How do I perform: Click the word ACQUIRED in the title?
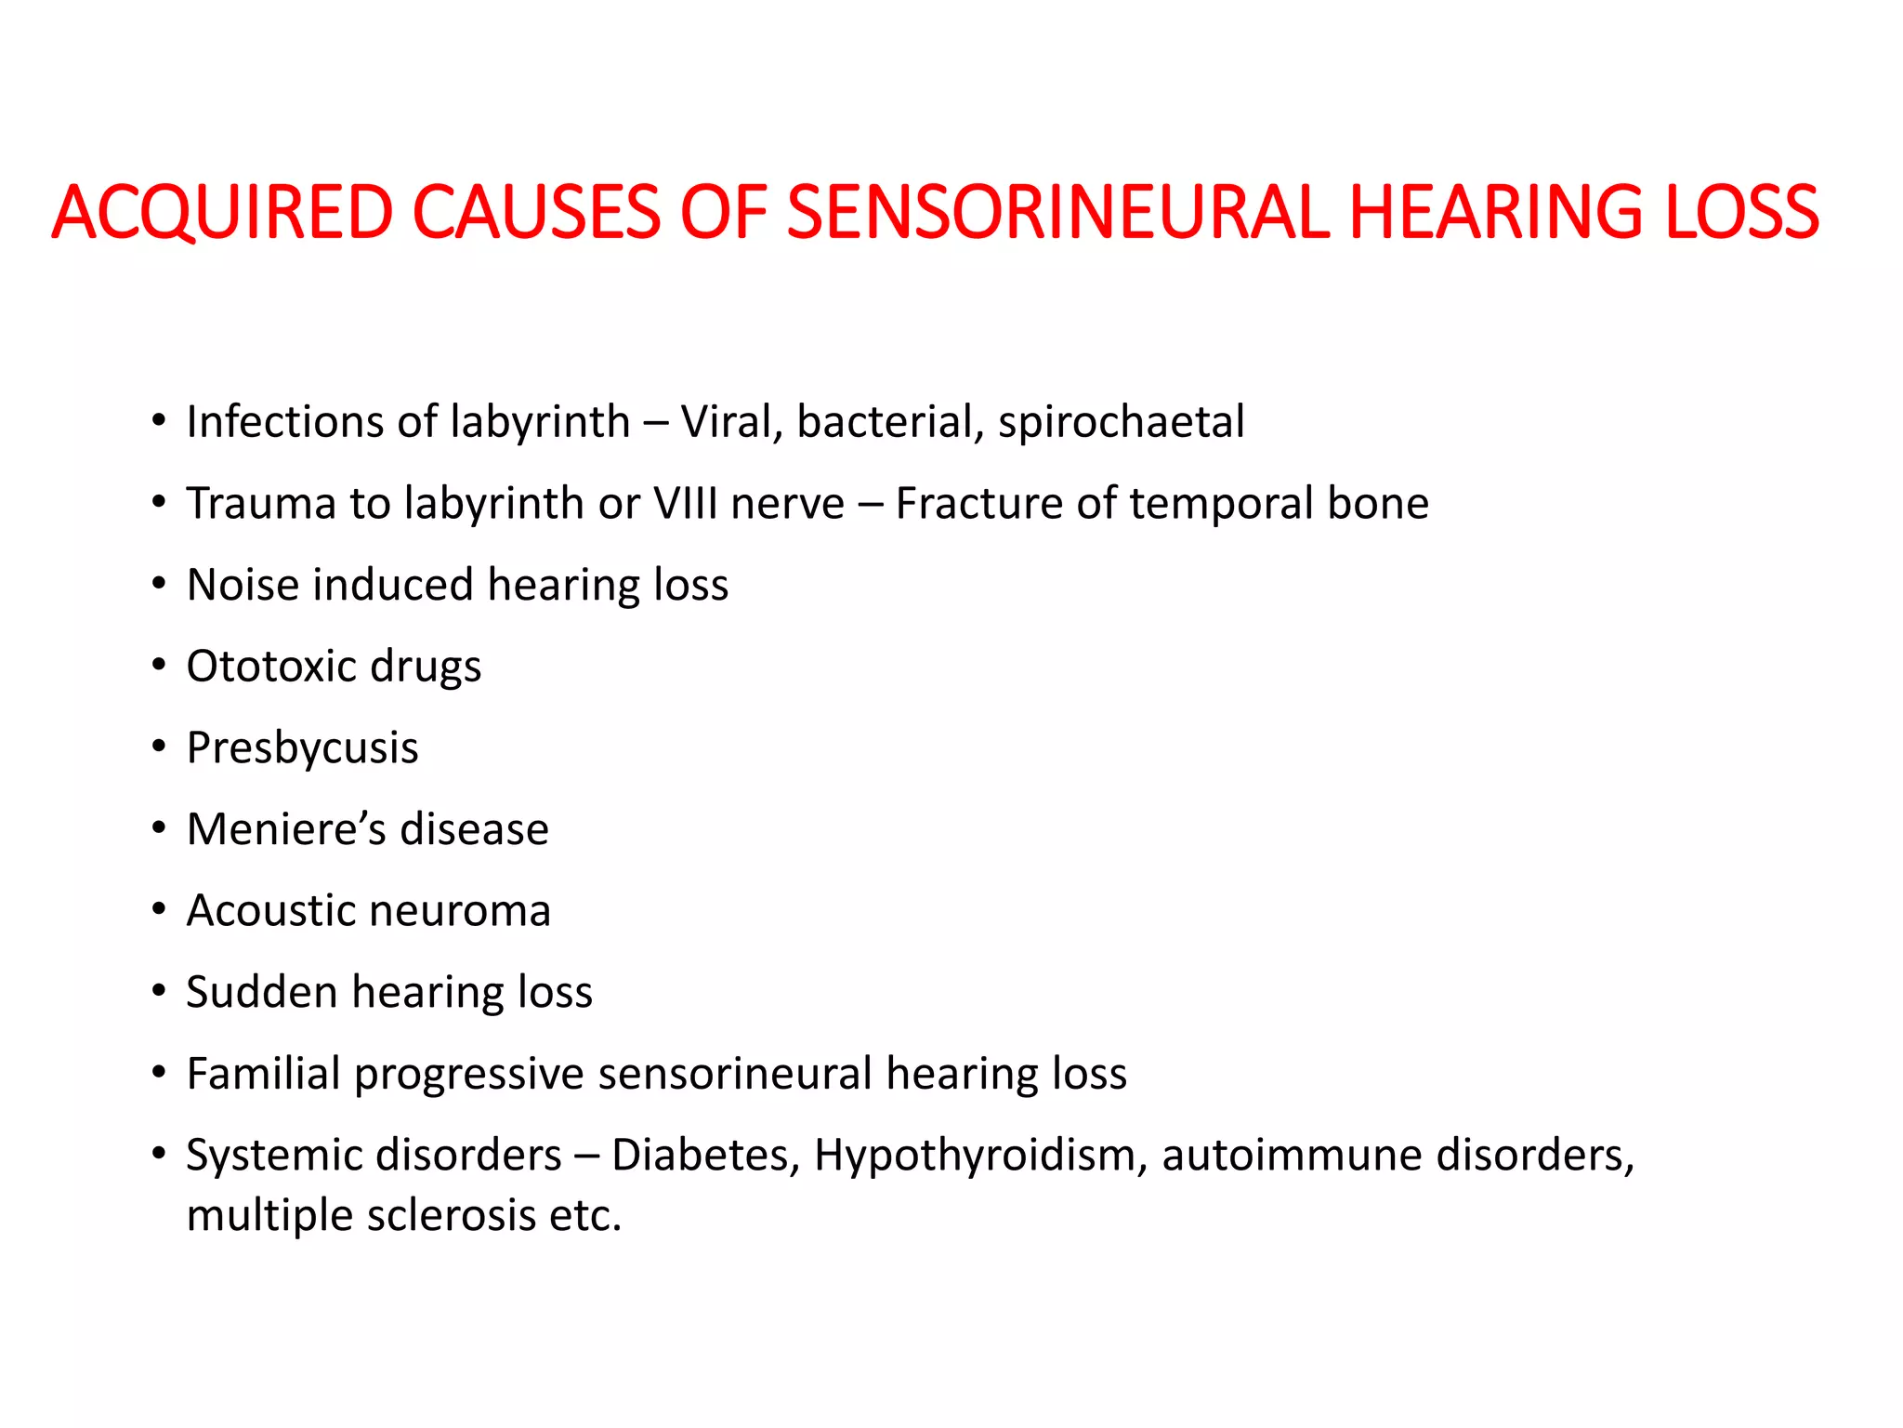(222, 212)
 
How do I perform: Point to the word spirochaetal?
(1121, 423)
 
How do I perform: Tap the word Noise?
(243, 586)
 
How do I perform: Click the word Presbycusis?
(302, 748)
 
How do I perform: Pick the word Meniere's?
(285, 829)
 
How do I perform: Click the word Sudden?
(261, 992)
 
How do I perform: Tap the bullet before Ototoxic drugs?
(159, 666)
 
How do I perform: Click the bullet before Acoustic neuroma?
(159, 909)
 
